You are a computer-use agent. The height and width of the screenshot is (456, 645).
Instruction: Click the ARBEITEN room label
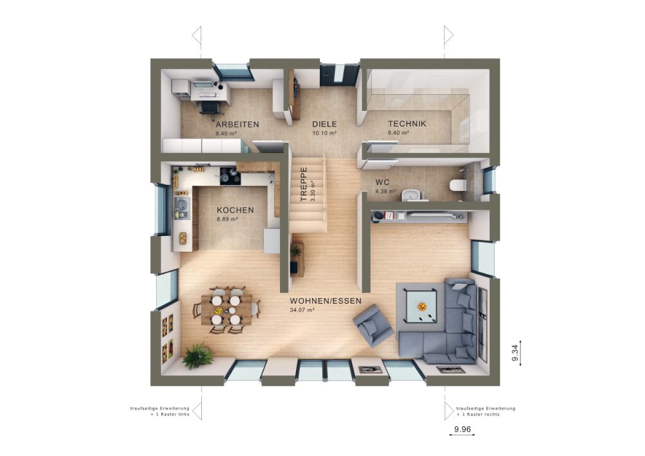click(237, 124)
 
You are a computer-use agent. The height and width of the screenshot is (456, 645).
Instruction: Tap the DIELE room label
click(324, 124)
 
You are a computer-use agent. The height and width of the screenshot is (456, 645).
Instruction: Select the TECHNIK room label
click(407, 123)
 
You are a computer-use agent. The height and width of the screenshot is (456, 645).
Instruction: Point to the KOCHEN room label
click(235, 210)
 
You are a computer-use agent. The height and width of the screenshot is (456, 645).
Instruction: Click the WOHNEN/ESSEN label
click(325, 301)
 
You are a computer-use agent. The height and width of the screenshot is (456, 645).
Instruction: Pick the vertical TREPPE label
click(304, 184)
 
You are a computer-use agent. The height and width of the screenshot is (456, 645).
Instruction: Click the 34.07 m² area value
click(302, 310)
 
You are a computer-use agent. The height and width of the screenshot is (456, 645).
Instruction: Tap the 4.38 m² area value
click(386, 191)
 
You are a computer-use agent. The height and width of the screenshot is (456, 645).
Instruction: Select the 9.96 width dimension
click(462, 430)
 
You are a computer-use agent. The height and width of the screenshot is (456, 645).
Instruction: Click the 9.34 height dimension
click(515, 353)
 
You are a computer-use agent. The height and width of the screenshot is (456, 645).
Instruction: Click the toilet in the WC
click(458, 186)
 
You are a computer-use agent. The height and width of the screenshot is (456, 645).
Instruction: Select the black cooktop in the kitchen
click(230, 175)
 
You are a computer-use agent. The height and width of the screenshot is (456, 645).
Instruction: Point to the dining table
click(226, 310)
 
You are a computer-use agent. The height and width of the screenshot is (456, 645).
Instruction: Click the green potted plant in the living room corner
click(197, 355)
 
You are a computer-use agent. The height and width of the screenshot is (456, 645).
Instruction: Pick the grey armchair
click(373, 325)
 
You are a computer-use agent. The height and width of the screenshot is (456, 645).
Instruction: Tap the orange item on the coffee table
click(422, 306)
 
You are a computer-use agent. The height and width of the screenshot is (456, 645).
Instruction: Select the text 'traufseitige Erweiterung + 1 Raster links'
click(159, 411)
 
